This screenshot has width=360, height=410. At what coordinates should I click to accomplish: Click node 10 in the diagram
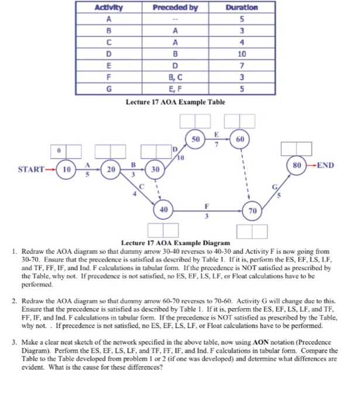tap(67, 169)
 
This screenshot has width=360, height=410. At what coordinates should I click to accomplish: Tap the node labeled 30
tap(155, 169)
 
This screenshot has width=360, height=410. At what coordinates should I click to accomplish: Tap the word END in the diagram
tap(325, 165)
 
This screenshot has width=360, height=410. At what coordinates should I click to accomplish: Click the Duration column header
tap(241, 7)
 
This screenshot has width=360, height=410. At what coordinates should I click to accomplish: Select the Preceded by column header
tap(175, 7)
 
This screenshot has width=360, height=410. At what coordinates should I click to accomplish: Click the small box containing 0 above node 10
tap(59, 151)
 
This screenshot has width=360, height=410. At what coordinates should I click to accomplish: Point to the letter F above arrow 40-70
tap(206, 206)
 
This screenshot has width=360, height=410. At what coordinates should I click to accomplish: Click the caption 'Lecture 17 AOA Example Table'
tap(176, 102)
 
